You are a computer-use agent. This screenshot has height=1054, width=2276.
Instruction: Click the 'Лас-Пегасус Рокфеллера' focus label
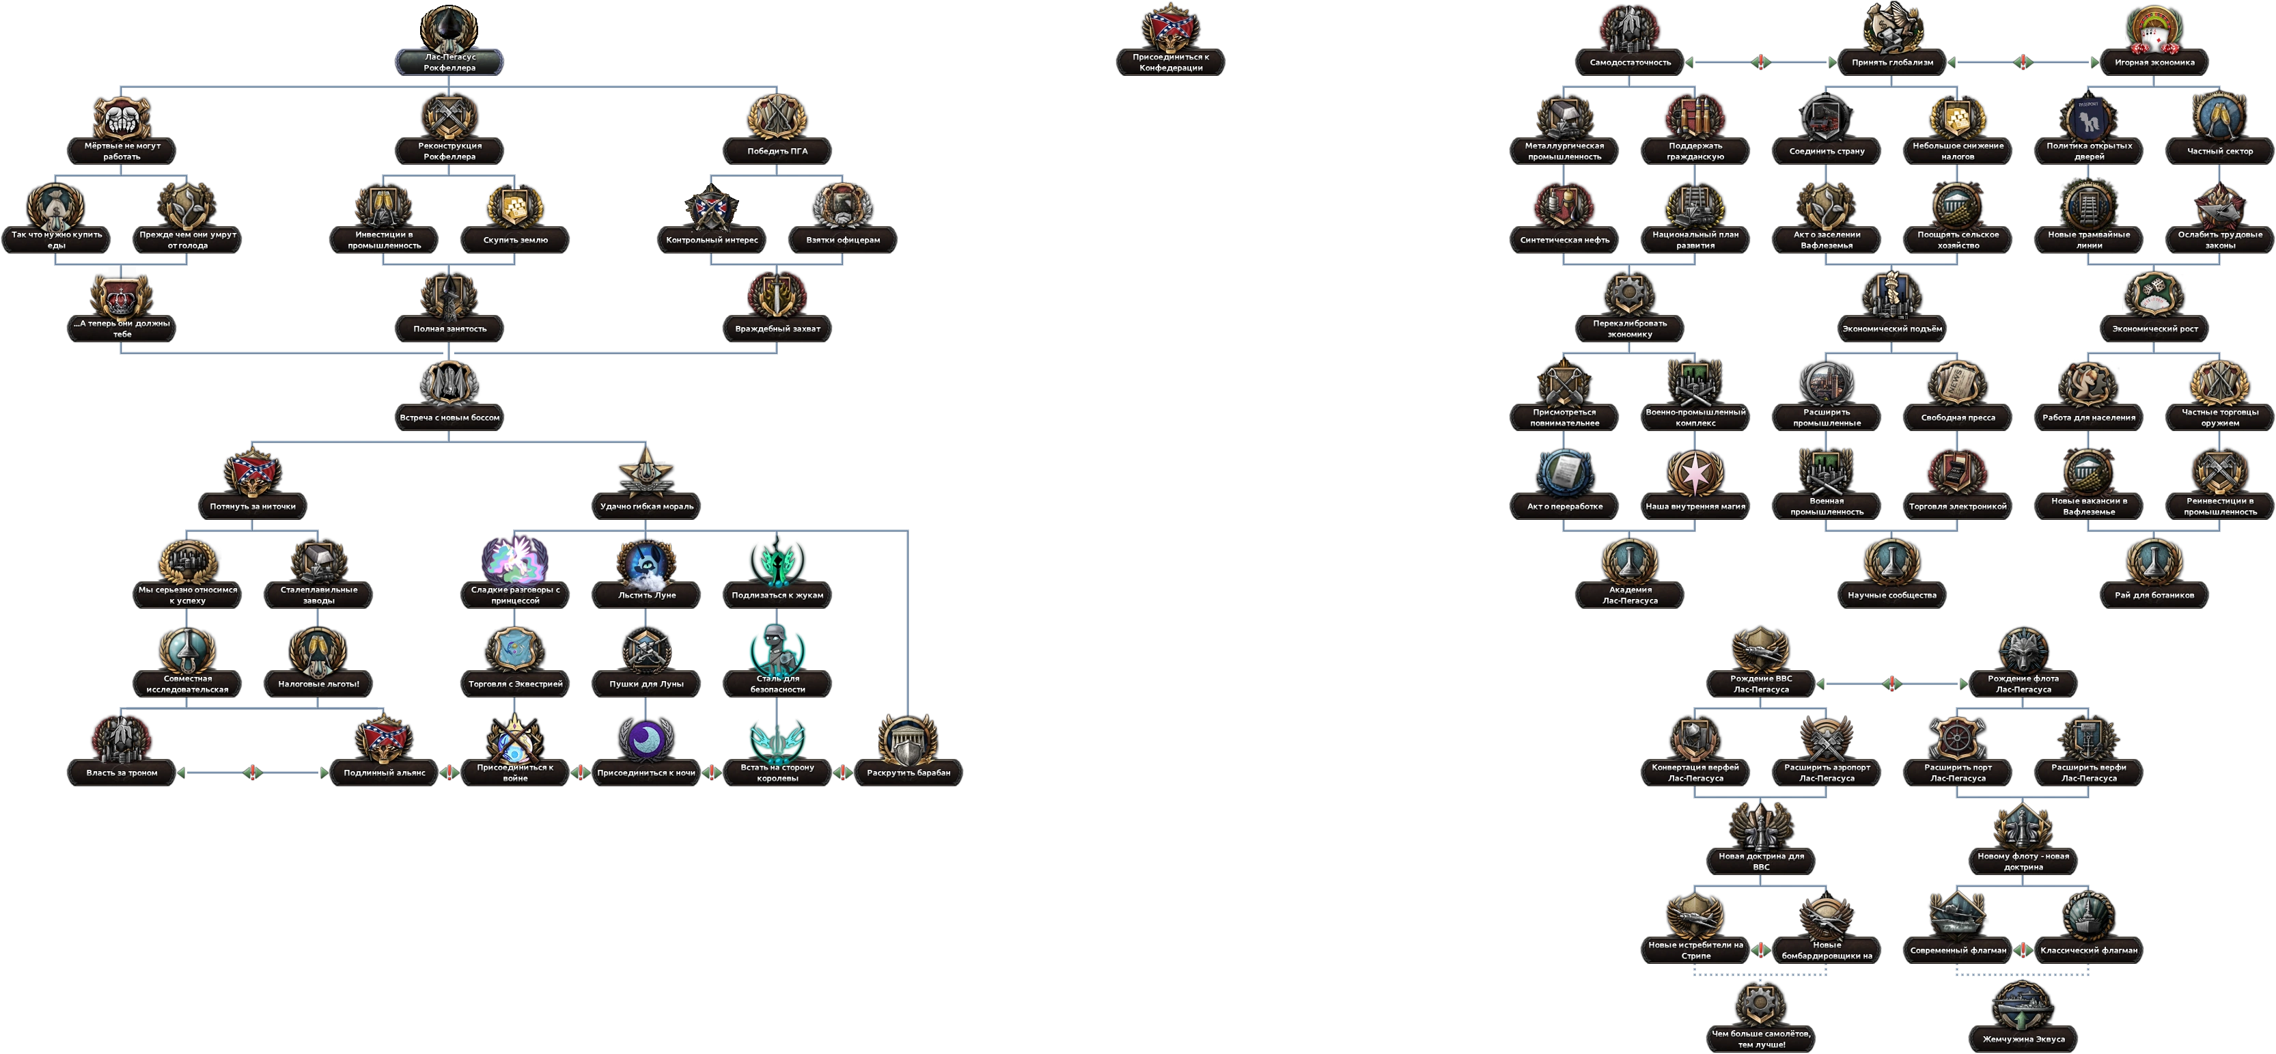click(x=449, y=62)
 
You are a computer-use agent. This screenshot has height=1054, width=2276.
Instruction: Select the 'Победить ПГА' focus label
click(x=777, y=151)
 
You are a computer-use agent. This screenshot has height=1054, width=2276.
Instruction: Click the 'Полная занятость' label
click(x=449, y=329)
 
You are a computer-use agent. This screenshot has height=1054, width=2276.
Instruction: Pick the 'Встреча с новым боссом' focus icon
click(x=449, y=383)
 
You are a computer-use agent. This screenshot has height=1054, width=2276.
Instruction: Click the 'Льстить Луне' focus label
click(x=646, y=596)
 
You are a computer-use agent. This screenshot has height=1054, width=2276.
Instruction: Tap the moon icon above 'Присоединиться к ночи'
click(x=646, y=738)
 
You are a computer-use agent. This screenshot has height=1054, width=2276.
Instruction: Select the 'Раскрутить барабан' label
click(x=908, y=773)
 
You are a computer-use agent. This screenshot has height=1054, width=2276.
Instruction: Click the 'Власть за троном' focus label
click(x=122, y=773)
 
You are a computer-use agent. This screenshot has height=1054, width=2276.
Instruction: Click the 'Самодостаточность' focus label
click(x=1630, y=63)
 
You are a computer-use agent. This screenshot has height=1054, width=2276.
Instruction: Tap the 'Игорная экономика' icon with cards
click(x=2154, y=30)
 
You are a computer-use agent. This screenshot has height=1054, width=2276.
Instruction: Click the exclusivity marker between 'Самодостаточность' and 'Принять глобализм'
click(x=1761, y=62)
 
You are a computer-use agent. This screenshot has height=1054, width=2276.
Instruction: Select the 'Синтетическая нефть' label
click(x=1565, y=240)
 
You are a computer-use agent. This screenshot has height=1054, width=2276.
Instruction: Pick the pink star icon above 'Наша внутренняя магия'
click(x=1695, y=473)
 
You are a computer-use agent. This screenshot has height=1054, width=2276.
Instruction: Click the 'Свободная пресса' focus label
click(x=1958, y=418)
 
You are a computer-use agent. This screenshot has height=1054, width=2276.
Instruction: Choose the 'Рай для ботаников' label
click(x=2154, y=596)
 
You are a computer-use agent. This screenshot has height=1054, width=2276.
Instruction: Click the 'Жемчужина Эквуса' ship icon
click(x=2023, y=1006)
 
